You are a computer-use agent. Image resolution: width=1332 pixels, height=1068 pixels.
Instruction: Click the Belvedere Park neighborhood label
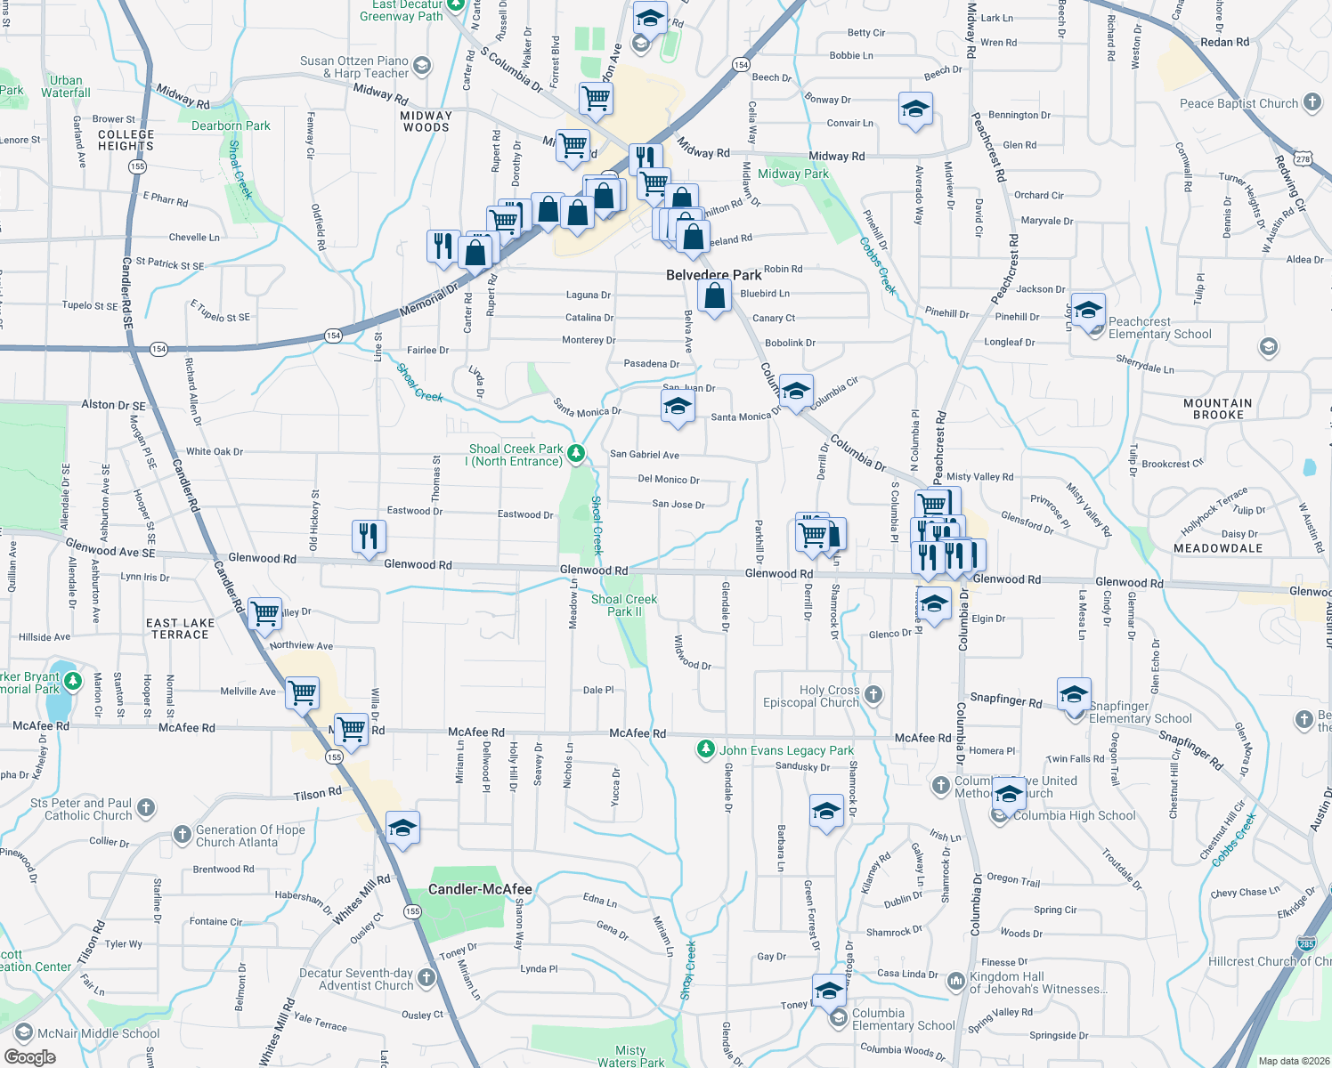point(713,275)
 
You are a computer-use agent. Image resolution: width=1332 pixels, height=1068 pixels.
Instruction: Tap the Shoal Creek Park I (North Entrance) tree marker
point(576,455)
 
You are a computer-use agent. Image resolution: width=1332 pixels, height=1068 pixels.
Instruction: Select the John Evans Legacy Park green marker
point(706,749)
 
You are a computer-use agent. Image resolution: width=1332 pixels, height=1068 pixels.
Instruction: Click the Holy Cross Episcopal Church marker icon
point(873,694)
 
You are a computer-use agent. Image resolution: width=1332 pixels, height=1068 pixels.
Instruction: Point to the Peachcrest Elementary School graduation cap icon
point(1087,311)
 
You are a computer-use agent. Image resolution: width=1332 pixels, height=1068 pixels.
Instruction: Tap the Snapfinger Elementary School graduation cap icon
point(1074,693)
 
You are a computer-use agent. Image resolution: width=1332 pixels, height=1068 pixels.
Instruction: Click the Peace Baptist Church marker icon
point(1312,102)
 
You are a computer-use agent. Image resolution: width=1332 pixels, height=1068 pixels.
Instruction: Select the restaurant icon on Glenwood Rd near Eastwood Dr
point(369,536)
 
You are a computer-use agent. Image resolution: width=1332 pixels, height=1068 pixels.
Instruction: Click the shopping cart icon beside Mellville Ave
point(303,692)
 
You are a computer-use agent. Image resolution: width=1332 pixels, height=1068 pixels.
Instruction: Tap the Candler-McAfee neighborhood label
point(480,889)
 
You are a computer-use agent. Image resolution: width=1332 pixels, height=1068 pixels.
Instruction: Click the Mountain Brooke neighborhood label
point(1217,409)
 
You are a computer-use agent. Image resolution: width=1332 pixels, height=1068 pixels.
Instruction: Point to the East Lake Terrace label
point(180,628)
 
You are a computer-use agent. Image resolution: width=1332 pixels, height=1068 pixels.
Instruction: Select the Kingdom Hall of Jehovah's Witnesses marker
point(955,981)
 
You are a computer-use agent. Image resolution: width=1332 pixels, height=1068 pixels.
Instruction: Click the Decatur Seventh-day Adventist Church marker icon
point(426,978)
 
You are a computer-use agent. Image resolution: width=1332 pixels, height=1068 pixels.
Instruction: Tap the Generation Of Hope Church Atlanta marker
point(183,834)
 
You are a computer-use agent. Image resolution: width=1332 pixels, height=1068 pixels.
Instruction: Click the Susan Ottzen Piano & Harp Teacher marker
point(422,66)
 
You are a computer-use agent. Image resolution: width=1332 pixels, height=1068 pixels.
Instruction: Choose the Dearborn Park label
point(231,125)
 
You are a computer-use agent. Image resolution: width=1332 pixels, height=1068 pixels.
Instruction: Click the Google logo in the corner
point(29,1057)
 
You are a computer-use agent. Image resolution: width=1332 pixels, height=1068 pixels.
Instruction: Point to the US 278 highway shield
point(1304,158)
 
